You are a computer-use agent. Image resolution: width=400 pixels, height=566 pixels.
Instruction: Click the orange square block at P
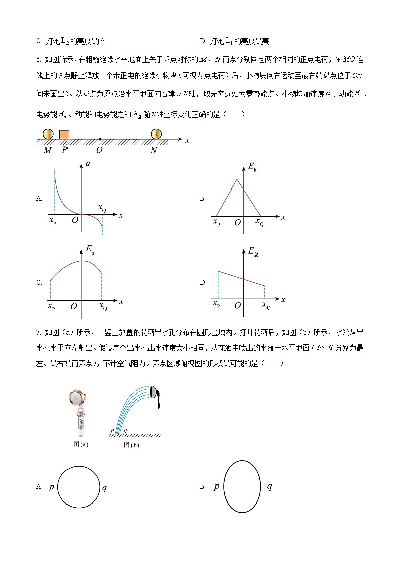click(x=64, y=134)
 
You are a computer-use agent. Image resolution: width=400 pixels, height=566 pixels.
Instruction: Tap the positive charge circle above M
click(x=48, y=134)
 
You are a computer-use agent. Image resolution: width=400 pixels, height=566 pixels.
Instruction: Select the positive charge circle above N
click(x=156, y=134)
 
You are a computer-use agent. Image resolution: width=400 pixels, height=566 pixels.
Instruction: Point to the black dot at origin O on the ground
click(x=100, y=139)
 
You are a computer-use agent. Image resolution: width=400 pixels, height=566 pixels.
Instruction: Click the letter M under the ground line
click(x=47, y=150)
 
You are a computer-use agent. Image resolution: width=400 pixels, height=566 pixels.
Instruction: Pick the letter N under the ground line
click(x=154, y=150)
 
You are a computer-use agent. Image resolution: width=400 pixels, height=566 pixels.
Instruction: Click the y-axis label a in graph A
click(x=89, y=164)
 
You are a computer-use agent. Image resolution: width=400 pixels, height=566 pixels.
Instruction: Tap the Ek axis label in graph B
click(x=252, y=168)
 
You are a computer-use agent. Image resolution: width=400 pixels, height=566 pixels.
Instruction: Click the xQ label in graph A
click(x=102, y=208)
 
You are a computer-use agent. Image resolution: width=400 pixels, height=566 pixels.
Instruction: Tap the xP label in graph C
click(x=51, y=305)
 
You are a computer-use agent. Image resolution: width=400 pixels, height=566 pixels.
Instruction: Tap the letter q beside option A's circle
click(x=104, y=488)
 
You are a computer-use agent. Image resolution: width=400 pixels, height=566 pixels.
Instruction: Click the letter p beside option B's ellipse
click(x=216, y=486)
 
